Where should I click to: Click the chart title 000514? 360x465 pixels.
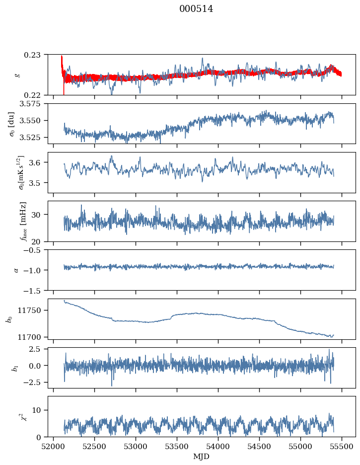(196, 9)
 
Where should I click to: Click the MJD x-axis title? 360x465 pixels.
(202, 457)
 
